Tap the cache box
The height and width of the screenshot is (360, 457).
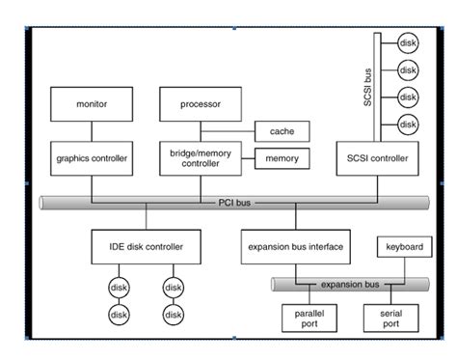[x=281, y=130]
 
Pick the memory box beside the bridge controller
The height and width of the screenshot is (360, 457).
[x=281, y=157]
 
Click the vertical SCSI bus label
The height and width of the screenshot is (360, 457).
[x=367, y=86]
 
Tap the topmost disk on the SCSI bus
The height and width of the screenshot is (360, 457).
[x=408, y=42]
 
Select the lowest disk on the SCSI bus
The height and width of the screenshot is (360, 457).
[x=408, y=125]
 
